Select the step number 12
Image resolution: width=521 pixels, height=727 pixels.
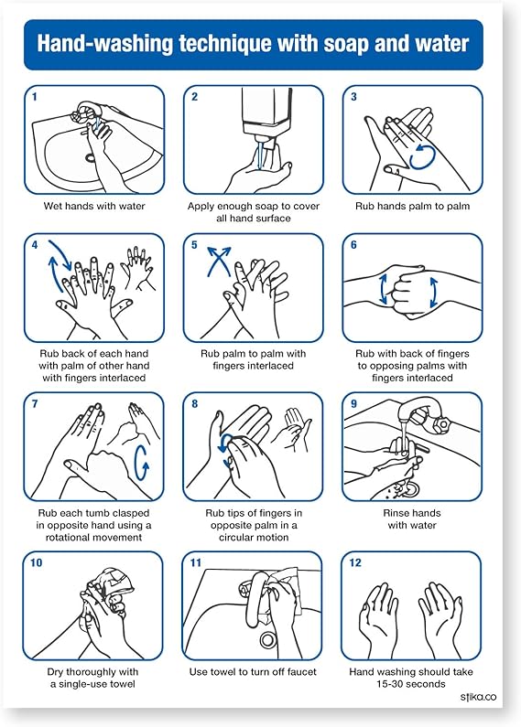(x=356, y=562)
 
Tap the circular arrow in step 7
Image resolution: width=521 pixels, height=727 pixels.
(x=141, y=462)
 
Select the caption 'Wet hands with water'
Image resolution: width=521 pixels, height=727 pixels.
(x=94, y=206)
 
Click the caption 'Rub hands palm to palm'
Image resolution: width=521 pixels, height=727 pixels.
(x=412, y=206)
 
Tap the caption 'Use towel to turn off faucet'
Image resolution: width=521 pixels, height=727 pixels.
(x=253, y=672)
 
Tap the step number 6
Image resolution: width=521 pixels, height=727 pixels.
(x=353, y=245)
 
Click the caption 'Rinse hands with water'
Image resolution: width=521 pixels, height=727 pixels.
(x=412, y=519)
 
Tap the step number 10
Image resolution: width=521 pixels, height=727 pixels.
(x=37, y=562)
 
